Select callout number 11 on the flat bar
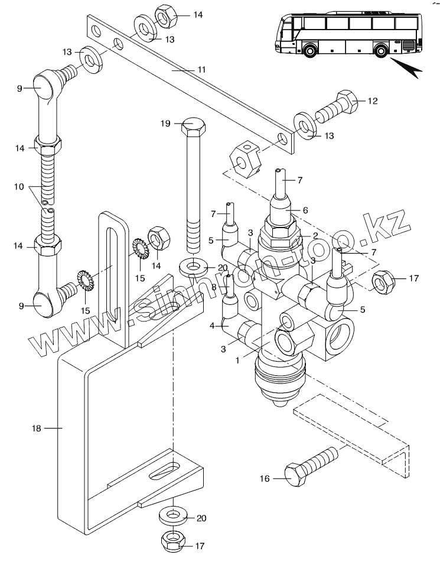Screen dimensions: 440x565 (201, 70)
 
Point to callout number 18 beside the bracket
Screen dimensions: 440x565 (37, 428)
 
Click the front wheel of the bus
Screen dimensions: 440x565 (309, 50)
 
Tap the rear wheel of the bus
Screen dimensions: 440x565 (380, 51)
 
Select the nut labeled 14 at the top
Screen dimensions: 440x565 (166, 15)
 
